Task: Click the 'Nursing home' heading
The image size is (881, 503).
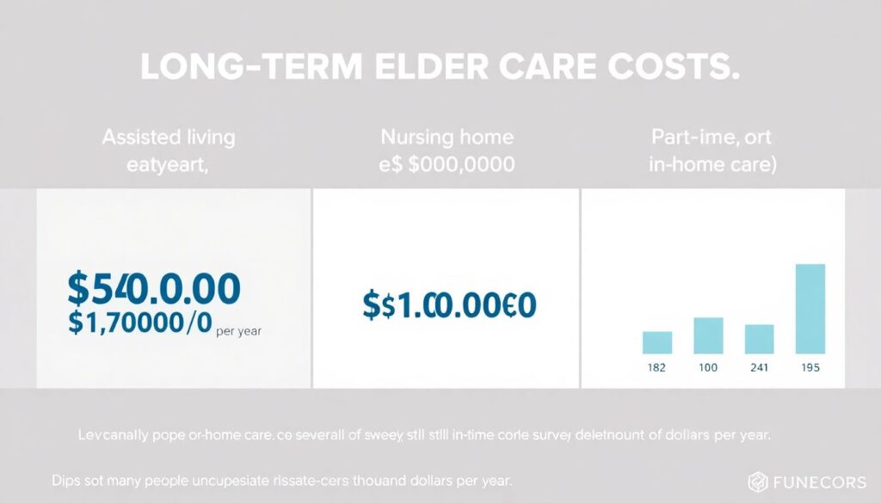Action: [447, 138]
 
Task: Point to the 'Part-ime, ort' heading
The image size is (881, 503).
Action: [712, 138]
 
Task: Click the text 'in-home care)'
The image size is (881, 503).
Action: [712, 165]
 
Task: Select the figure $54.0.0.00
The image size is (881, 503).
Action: [153, 290]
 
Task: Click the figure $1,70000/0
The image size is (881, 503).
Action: [137, 324]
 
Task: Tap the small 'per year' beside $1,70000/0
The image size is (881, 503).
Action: [238, 329]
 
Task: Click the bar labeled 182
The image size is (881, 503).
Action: [657, 342]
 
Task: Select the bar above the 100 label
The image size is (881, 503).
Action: [708, 335]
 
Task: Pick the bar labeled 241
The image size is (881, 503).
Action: [759, 339]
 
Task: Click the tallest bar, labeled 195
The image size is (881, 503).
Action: [810, 309]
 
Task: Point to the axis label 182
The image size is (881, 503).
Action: [657, 367]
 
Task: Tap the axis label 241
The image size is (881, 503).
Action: [759, 367]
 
